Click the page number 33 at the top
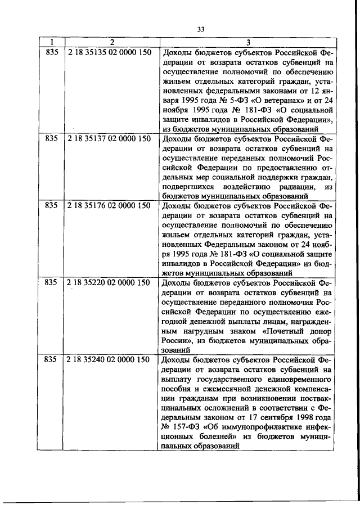tap(201, 29)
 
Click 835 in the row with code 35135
tap(51, 53)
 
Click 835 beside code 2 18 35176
tap(51, 205)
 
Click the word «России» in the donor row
tap(174, 340)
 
